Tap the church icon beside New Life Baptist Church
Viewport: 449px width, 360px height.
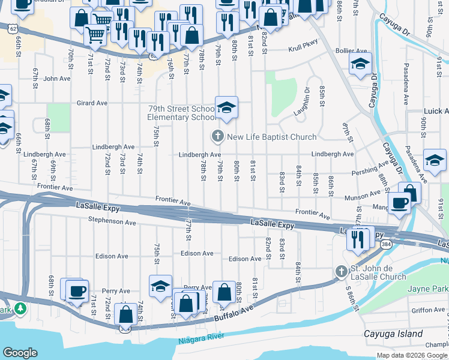pos(218,137)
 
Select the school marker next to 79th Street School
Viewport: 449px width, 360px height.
pos(226,108)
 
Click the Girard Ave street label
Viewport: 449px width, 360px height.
pos(91,103)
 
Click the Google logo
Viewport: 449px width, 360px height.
pos(20,353)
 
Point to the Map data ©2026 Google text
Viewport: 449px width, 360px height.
pos(412,355)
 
